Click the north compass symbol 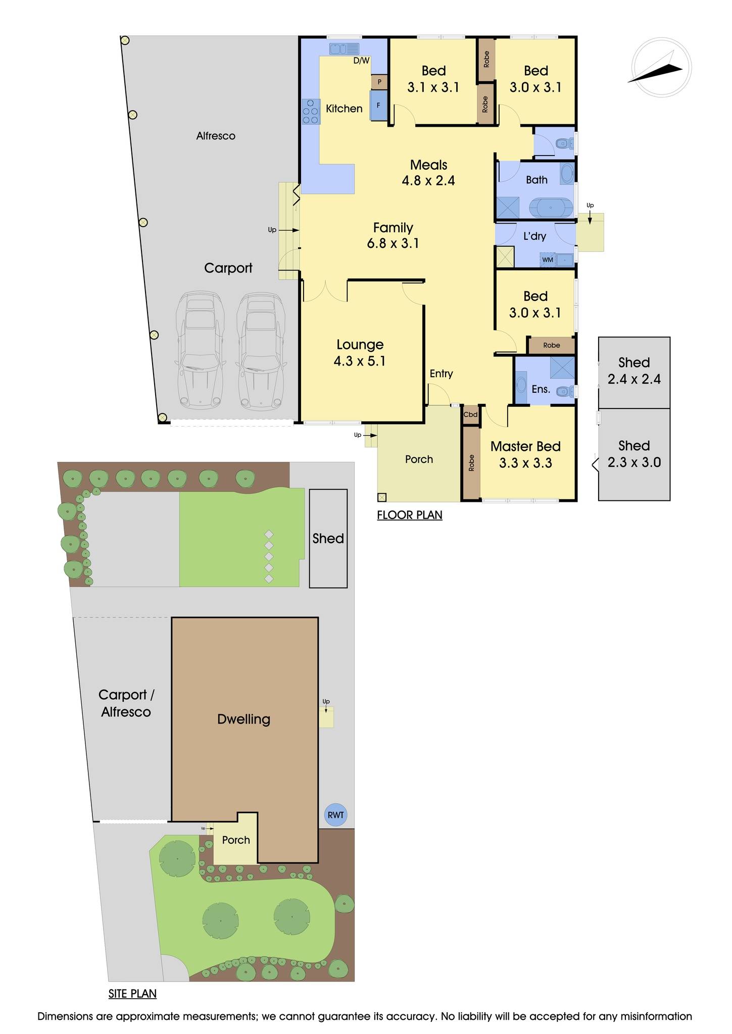click(661, 67)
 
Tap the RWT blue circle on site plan click(335, 815)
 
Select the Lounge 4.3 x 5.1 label click(360, 352)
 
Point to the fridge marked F click(378, 106)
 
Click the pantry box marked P click(379, 82)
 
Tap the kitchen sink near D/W click(344, 49)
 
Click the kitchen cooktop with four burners click(311, 112)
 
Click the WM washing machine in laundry click(548, 260)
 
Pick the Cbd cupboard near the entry click(470, 415)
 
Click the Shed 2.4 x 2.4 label click(634, 371)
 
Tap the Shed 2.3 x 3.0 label click(634, 454)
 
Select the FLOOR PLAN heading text click(410, 515)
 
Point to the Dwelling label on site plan click(243, 719)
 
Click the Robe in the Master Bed click(471, 463)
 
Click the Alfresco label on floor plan click(216, 136)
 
